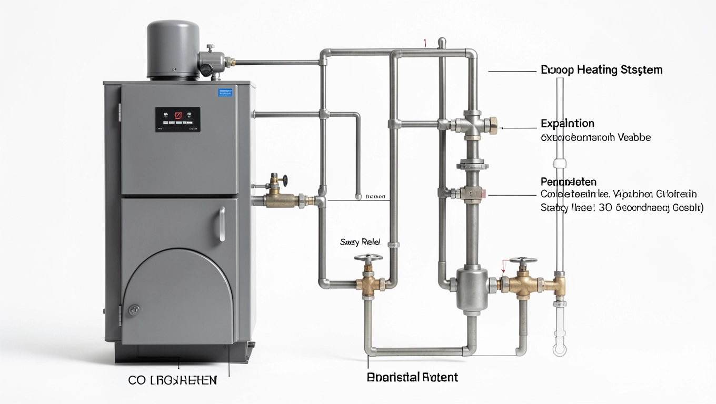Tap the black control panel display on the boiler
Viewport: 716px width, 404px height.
pos(177,119)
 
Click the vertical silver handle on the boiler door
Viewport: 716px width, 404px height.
pos(222,224)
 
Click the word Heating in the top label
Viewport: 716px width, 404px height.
pos(597,70)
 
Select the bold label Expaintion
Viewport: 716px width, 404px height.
pos(567,124)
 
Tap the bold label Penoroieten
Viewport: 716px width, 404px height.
pos(569,182)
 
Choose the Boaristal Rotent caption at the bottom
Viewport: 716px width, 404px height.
pos(412,377)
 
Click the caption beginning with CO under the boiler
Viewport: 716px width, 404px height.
pos(172,380)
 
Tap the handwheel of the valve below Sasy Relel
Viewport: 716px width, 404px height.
pos(365,259)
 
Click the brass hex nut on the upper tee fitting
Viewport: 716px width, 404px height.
pos(493,125)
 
